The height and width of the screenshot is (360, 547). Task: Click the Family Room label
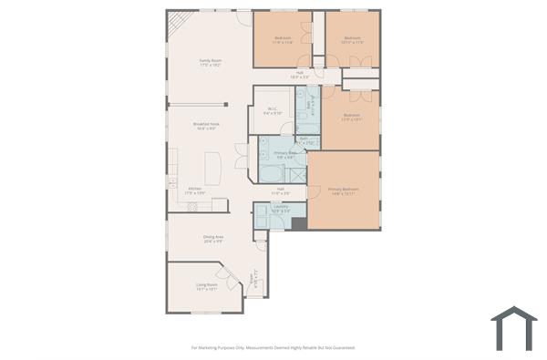(x=211, y=63)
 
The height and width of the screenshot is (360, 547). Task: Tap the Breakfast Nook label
(x=204, y=126)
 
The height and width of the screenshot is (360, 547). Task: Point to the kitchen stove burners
(x=193, y=207)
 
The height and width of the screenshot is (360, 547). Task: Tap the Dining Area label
(x=213, y=239)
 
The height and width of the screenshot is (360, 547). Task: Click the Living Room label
(x=206, y=286)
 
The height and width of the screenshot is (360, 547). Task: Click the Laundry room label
(x=282, y=209)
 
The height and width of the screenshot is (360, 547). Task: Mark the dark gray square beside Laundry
(x=299, y=223)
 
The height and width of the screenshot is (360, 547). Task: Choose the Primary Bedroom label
(x=344, y=190)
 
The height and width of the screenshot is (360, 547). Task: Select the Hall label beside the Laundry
(x=281, y=190)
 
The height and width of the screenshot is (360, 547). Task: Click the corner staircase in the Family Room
(x=178, y=23)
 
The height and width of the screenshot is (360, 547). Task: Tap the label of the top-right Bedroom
(x=352, y=40)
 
